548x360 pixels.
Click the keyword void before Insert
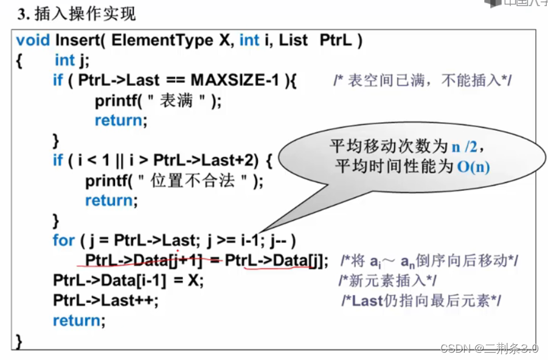tap(33, 40)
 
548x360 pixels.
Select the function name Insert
tap(77, 40)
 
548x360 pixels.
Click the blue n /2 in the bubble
tap(466, 147)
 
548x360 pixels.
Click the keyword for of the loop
tap(63, 240)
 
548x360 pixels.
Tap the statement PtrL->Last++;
tap(105, 300)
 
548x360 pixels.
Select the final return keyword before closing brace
tap(79, 320)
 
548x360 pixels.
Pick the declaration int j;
tap(73, 60)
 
